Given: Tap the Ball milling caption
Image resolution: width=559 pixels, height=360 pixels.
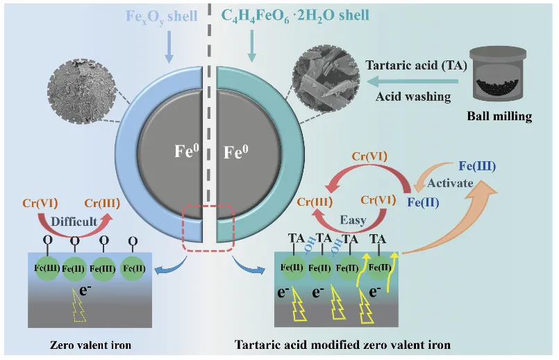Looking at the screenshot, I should (500, 116).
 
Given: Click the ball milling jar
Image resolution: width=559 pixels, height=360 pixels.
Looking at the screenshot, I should (499, 74).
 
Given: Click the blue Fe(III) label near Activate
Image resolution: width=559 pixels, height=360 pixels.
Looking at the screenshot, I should (478, 167).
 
